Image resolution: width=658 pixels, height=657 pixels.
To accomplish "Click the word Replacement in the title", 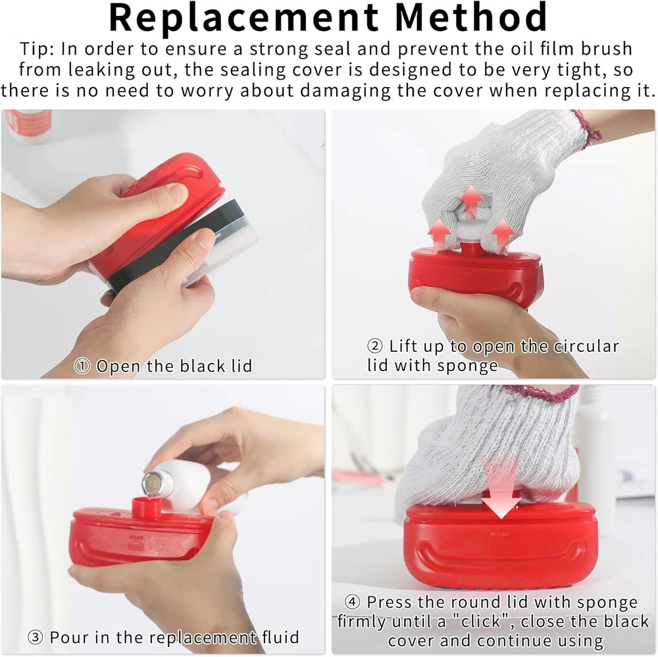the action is coord(243,18).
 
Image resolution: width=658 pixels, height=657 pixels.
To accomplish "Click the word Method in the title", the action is coord(471,17).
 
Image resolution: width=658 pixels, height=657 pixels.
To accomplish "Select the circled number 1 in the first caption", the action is coord(82,366).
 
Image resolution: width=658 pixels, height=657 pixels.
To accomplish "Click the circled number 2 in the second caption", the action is coord(375,347).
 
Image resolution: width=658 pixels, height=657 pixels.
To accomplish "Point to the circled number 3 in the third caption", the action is coord(36,637).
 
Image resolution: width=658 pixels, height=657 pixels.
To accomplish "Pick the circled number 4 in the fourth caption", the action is coord(353,602).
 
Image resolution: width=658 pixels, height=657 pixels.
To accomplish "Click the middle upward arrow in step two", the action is coord(471,201).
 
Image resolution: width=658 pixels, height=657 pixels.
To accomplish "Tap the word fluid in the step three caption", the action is coord(280,637).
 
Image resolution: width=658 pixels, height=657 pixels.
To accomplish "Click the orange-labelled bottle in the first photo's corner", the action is coord(27,125).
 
